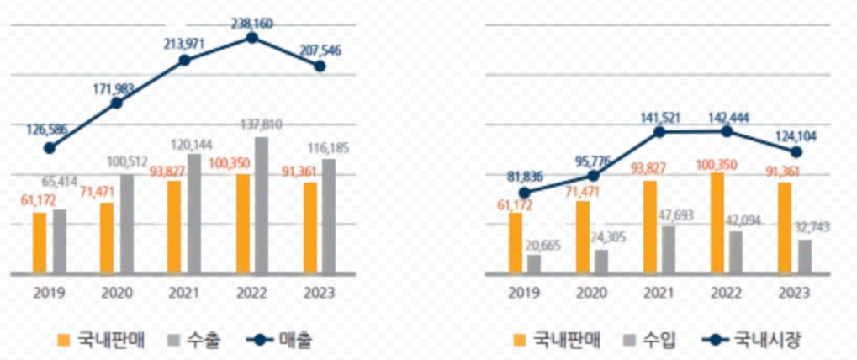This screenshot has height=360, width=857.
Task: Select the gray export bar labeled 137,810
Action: click(262, 206)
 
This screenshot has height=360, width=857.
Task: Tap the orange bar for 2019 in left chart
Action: click(40, 243)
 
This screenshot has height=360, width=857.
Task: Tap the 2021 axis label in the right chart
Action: click(659, 293)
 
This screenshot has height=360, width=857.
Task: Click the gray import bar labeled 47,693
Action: click(669, 250)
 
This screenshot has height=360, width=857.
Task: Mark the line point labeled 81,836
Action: click(525, 192)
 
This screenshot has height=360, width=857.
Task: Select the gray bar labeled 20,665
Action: click(534, 264)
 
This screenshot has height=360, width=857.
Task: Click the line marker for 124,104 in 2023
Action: click(797, 151)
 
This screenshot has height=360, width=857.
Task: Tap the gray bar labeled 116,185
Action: click(330, 216)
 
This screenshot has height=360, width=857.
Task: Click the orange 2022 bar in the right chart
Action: click(717, 224)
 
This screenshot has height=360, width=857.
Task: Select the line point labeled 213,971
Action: click(184, 61)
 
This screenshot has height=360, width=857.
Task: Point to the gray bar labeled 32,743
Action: click(805, 257)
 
